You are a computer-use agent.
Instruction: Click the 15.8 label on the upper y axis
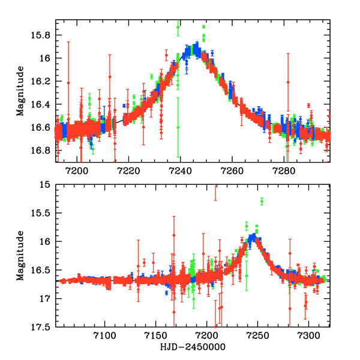(x=41, y=35)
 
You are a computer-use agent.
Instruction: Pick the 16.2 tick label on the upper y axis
(x=41, y=82)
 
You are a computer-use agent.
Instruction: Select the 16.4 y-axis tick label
(x=41, y=104)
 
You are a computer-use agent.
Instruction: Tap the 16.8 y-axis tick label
(x=41, y=150)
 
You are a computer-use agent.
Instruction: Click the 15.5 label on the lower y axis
(x=41, y=214)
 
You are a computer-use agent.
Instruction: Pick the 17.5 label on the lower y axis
(x=41, y=327)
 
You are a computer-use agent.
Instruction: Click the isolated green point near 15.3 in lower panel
(x=262, y=201)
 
